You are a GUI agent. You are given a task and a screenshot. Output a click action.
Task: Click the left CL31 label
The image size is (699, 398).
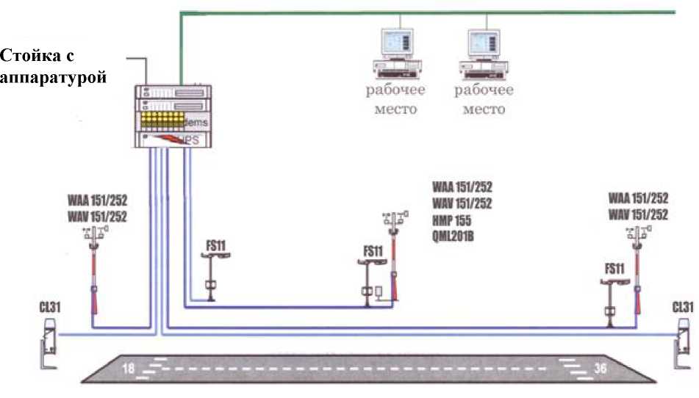click(49, 306)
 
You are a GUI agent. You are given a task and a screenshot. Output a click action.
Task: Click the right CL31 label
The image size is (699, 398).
click(683, 306)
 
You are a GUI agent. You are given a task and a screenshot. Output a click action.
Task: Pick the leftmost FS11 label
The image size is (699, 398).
click(215, 245)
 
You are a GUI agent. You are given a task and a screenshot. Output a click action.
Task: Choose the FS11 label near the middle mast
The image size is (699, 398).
click(373, 251)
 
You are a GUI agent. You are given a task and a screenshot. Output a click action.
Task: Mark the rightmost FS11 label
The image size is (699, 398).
click(615, 268)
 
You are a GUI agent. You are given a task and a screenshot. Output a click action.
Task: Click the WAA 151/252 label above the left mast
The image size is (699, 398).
click(98, 200)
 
